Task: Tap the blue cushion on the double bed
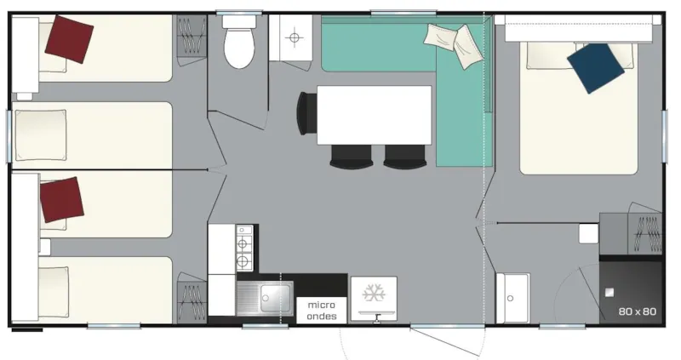(x=594, y=67)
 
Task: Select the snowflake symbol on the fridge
(x=373, y=294)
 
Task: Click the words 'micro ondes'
(x=322, y=311)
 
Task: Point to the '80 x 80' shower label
(x=638, y=311)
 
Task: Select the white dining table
(x=374, y=115)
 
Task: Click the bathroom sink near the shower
(x=512, y=298)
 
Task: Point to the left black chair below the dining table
(x=351, y=156)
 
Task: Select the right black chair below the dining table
(x=403, y=156)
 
